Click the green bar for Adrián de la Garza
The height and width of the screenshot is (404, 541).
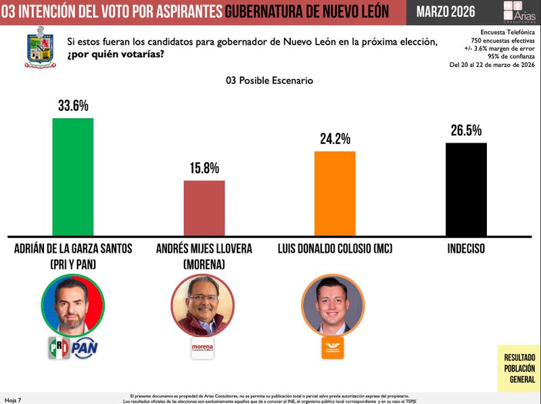[73, 177]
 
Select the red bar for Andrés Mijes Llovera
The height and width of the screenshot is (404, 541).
[204, 208]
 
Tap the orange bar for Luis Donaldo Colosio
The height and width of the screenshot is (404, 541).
[335, 193]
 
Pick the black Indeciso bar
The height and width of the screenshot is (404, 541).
[466, 189]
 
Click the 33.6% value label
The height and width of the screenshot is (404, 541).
[73, 106]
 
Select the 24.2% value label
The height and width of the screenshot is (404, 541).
[335, 139]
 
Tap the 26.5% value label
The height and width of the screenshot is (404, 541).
[466, 130]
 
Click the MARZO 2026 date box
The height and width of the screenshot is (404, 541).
[445, 11]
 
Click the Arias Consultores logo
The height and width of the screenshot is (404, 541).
[519, 11]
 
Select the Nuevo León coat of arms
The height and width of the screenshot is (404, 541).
[40, 47]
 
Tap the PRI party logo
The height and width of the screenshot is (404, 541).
[59, 347]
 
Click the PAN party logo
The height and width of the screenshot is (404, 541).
[86, 347]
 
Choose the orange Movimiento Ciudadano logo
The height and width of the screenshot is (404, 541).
[333, 347]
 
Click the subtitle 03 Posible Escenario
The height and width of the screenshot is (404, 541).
[270, 80]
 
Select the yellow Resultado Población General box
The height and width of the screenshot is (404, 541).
[519, 368]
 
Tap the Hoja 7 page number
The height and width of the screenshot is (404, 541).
[13, 400]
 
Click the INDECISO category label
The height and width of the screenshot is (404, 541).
[466, 249]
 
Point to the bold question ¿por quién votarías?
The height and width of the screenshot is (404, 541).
[115, 54]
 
